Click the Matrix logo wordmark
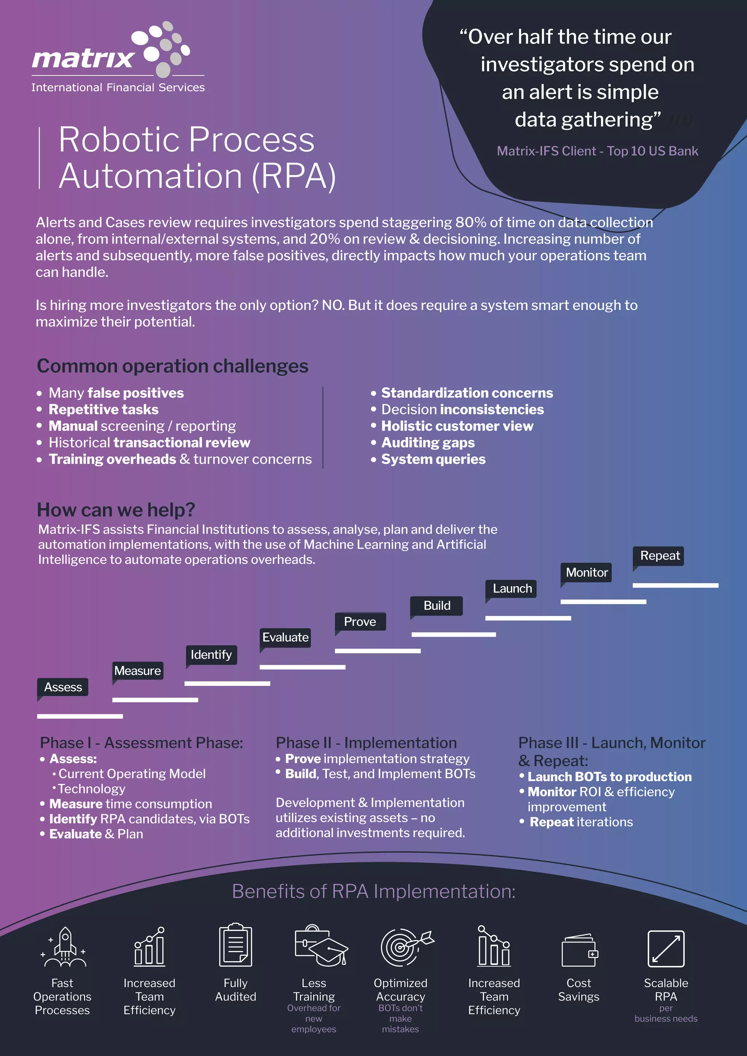(83, 58)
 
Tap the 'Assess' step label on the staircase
(63, 687)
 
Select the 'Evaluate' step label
(285, 637)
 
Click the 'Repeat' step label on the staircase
(659, 556)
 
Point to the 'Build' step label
(437, 606)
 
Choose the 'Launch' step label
(512, 589)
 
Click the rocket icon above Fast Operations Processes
(65, 947)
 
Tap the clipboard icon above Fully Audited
(236, 945)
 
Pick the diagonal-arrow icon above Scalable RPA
(666, 948)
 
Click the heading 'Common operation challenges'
(173, 366)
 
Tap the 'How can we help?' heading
(116, 510)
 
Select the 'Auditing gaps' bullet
(428, 442)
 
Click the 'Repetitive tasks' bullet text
(104, 409)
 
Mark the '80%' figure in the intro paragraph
(471, 222)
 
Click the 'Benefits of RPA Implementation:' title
(373, 891)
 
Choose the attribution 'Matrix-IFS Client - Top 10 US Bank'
(597, 151)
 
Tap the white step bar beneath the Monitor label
(603, 602)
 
